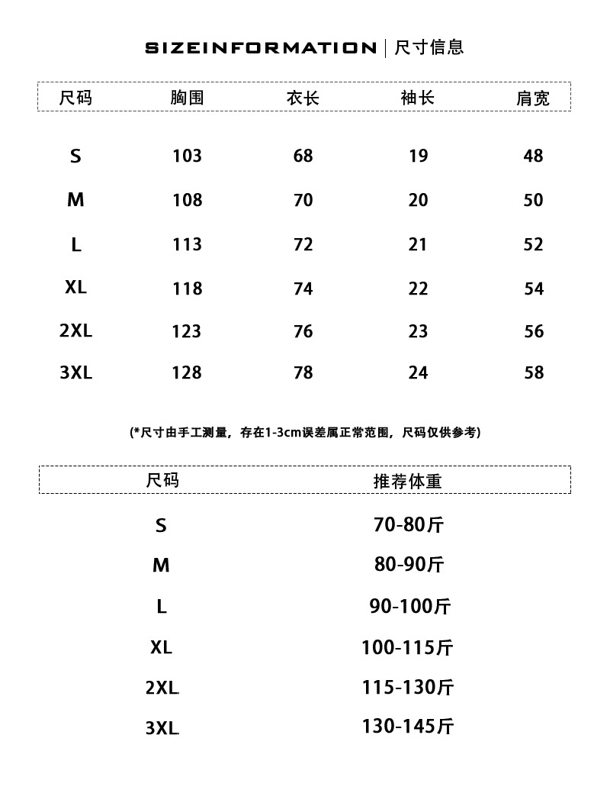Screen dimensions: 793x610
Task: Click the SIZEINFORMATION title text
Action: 260,48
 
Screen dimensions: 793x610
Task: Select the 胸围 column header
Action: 187,98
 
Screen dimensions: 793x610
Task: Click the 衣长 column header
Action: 303,98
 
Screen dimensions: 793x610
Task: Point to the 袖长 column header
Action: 418,98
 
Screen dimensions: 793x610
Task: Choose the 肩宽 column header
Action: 533,98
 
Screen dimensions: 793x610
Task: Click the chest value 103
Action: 188,156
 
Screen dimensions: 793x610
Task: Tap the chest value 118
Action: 188,289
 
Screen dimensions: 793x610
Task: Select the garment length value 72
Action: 303,244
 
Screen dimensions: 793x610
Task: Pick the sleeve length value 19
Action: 419,156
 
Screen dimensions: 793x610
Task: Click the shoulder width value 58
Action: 534,372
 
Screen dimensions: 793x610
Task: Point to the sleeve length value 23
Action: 419,331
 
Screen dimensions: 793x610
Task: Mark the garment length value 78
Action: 303,372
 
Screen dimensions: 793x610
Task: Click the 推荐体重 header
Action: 407,481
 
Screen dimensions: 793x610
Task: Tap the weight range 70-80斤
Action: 409,525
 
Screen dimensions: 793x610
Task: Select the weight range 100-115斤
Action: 407,648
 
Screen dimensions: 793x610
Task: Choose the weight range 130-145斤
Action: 407,727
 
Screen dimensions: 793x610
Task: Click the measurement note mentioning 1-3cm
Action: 305,432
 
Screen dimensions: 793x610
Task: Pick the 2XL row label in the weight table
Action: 162,688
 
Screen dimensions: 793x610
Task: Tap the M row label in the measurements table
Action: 75,200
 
